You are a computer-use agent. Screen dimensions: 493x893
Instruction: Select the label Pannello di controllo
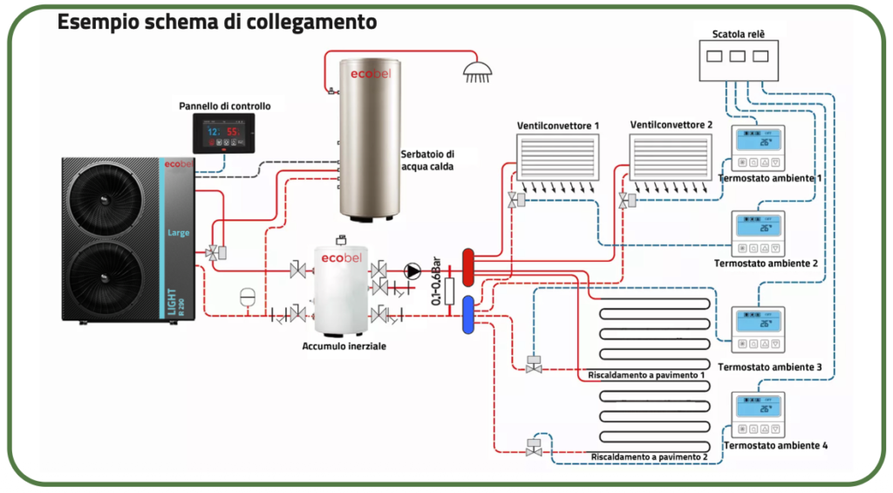[225, 106]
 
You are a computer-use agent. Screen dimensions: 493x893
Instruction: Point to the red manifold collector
[468, 267]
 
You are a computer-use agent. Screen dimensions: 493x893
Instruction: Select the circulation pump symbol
[412, 270]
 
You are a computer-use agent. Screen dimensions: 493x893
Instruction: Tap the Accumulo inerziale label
[344, 346]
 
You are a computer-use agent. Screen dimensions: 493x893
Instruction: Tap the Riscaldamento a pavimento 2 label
[649, 456]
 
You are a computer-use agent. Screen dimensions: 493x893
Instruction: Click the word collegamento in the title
[306, 21]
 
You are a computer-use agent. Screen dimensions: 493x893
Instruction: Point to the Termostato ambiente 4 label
[775, 446]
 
